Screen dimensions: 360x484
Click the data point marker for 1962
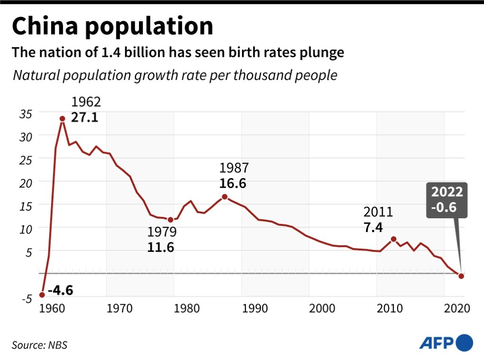click(62, 119)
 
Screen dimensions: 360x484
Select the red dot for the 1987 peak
click(225, 197)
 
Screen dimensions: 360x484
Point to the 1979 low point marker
click(171, 219)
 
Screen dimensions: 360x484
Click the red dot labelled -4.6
click(42, 295)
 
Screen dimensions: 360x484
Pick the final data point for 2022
click(461, 276)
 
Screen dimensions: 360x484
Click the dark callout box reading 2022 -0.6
click(447, 200)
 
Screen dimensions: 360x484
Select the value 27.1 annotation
click(85, 117)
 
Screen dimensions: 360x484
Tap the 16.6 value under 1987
click(233, 183)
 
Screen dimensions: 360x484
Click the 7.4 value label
click(373, 228)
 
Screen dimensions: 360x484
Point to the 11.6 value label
click(161, 247)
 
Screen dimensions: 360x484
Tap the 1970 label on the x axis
click(119, 309)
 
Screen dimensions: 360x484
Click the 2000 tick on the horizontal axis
click(322, 309)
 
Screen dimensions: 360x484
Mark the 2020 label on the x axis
click(457, 309)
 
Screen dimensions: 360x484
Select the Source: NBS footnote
click(39, 345)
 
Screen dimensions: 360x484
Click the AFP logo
click(446, 342)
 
